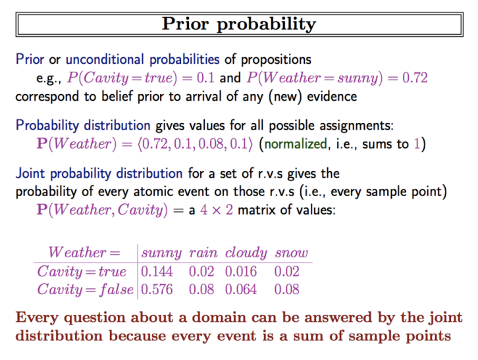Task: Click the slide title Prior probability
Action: [x=239, y=24]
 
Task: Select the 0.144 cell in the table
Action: [x=157, y=271]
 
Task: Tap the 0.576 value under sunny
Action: [x=157, y=290]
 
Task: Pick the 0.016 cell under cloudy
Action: [x=241, y=271]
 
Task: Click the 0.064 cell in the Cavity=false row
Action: [x=241, y=290]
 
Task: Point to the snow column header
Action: [x=292, y=253]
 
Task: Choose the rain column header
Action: [x=203, y=253]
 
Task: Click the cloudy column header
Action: [x=246, y=253]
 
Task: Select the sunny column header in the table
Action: [x=161, y=253]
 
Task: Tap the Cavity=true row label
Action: [x=82, y=271]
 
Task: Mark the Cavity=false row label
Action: [x=86, y=290]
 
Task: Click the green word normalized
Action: [x=296, y=144]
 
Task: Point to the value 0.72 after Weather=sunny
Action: [x=415, y=78]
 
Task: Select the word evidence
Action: [x=332, y=97]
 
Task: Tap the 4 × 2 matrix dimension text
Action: [x=217, y=210]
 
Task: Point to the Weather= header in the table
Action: [x=84, y=253]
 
